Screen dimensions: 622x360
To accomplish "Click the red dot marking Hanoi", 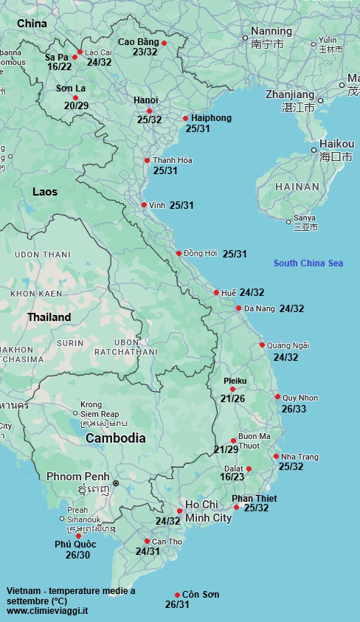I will coord(149,111).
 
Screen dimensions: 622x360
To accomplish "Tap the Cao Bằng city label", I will coord(139,42).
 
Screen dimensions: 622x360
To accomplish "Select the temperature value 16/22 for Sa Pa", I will coord(59,66).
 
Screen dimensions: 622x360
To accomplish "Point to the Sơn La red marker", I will coord(75,97).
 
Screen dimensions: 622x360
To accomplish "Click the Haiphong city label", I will coord(211,118).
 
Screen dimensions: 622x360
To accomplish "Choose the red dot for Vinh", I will coord(144,205).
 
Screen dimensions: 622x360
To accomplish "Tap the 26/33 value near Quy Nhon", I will coord(295,409).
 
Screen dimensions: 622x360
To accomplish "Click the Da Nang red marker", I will coord(238,308).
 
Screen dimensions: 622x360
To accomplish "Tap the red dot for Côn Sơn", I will coord(177,595).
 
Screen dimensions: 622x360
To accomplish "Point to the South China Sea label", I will coord(308,263).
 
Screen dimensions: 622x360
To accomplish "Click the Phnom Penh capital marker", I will coord(115,483).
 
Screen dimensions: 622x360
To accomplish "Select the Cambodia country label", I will coord(115,438).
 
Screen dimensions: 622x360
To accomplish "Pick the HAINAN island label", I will coord(297,187).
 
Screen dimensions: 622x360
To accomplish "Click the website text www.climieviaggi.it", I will coord(48,611).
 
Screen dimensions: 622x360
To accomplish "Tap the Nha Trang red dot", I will coord(276,456).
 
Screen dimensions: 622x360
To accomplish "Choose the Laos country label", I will coord(45,192).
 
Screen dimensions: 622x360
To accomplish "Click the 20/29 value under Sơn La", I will coord(76,106).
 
